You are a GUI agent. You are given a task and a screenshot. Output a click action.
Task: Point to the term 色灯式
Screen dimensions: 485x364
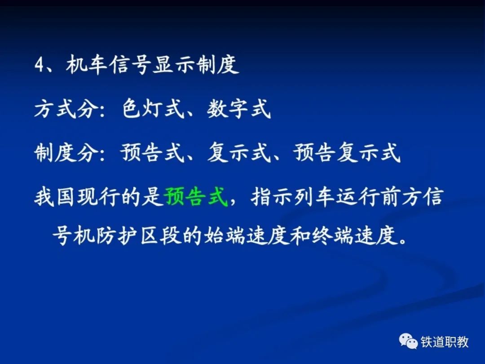(x=153, y=109)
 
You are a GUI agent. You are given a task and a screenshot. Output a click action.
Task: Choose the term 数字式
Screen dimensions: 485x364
(x=239, y=109)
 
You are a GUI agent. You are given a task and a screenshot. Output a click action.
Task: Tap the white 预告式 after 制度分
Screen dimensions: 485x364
(x=153, y=152)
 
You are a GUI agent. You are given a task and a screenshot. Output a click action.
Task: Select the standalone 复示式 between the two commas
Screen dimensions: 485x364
(x=239, y=152)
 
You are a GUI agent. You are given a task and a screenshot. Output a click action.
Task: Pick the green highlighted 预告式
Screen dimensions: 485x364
(x=196, y=196)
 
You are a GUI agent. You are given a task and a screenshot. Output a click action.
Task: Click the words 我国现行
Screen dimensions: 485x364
(x=77, y=196)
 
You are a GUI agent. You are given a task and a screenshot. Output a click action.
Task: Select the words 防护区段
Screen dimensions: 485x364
(x=139, y=236)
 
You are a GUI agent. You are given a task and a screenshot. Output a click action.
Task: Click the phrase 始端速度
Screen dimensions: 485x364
(x=247, y=236)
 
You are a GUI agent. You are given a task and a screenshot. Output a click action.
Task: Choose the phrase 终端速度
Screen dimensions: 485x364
(x=354, y=236)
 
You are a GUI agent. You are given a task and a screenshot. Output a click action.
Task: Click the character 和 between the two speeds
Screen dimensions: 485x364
(x=300, y=236)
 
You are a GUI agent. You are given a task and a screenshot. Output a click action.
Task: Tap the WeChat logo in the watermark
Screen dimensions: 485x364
(x=408, y=341)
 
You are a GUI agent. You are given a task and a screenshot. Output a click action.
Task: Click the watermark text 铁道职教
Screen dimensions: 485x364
(x=445, y=342)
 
